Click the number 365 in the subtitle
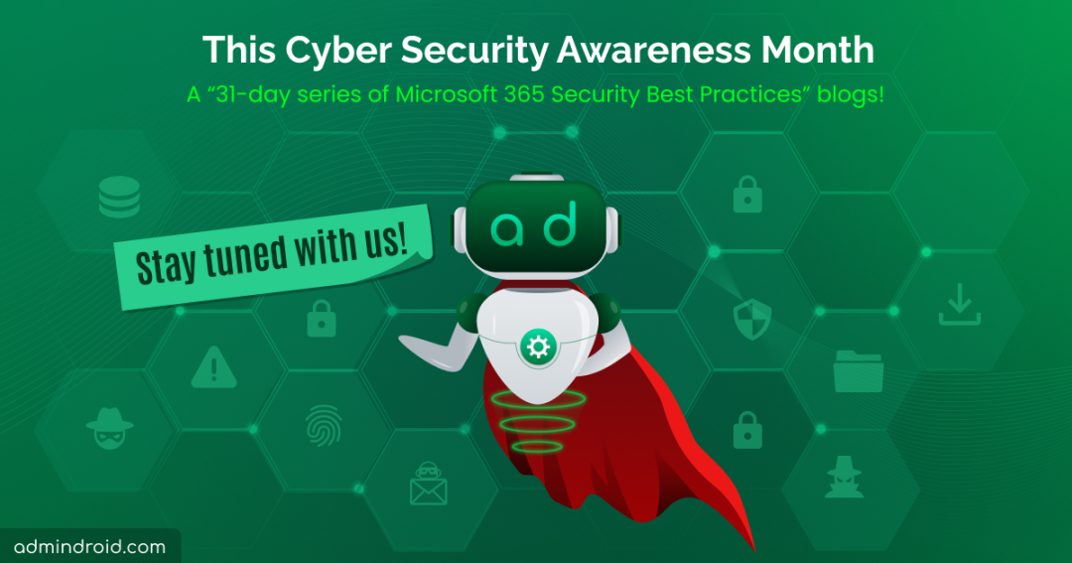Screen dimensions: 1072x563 pyautogui.click(x=524, y=94)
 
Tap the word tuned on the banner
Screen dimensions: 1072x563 pyautogui.click(x=246, y=255)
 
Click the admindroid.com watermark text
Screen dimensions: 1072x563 pyautogui.click(x=89, y=546)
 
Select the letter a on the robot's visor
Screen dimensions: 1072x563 pyautogui.click(x=507, y=229)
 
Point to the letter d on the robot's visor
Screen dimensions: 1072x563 pyautogui.click(x=560, y=222)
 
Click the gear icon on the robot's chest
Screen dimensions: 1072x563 pyautogui.click(x=538, y=348)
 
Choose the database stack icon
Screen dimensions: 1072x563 pyautogui.click(x=119, y=197)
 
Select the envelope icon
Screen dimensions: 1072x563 pyautogui.click(x=429, y=484)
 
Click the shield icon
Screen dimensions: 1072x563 pyautogui.click(x=752, y=318)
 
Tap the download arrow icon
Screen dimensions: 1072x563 pyautogui.click(x=960, y=305)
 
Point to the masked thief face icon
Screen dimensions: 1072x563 pyautogui.click(x=109, y=428)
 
